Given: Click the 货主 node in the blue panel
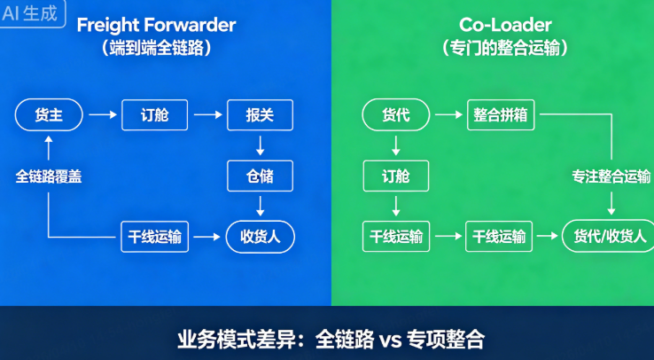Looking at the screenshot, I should [49, 115].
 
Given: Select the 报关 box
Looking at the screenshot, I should [260, 115].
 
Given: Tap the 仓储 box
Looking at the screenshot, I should [260, 176].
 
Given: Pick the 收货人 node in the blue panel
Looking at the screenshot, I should [260, 237].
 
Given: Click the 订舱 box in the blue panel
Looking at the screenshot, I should [154, 115].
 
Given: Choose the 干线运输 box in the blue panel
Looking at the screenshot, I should [154, 237].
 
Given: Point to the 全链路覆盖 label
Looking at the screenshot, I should [49, 176].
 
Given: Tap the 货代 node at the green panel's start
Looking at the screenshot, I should [395, 115].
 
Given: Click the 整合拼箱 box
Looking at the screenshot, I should [501, 115].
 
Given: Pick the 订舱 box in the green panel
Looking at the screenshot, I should [395, 176].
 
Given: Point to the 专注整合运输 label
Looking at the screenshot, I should [611, 176].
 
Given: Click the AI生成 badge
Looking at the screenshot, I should [33, 14].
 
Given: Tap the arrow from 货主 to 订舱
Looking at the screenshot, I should [102, 115].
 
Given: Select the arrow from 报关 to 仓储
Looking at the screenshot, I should [260, 145].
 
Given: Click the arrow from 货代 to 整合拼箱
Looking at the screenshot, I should [448, 115].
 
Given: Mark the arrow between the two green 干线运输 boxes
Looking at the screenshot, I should [448, 237].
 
